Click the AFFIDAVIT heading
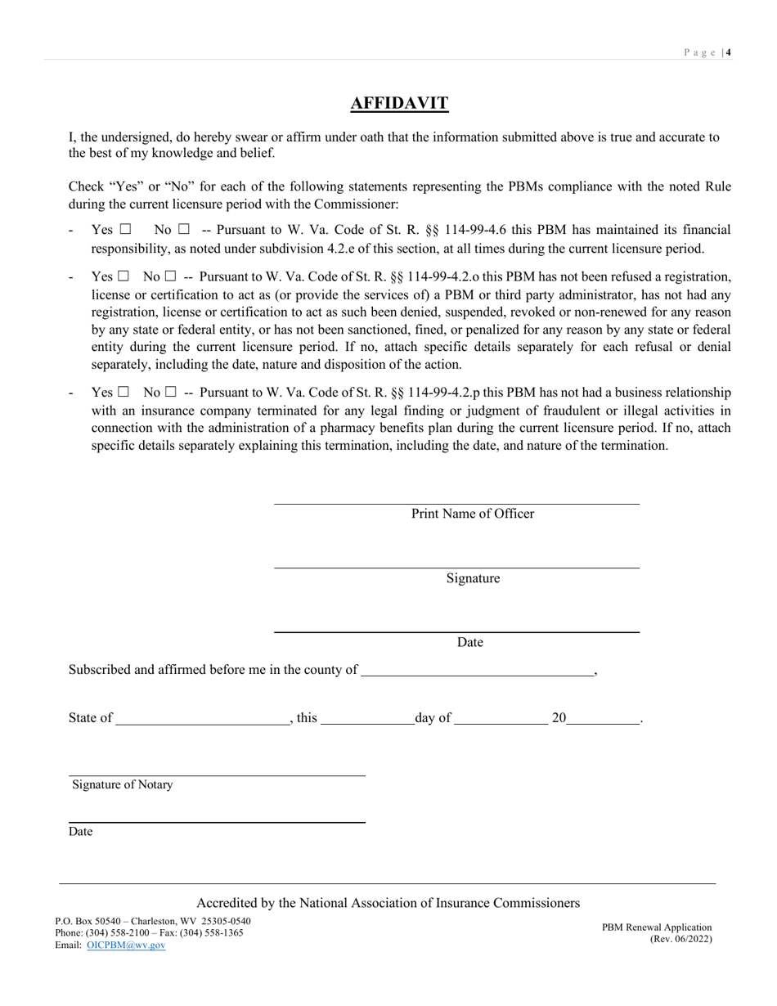399,103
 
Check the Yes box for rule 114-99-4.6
125,231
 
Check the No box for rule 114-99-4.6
184,231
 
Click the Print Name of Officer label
472,514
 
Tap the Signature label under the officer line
473,578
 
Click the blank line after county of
477,670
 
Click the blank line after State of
203,719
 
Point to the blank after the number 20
603,719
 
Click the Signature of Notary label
123,784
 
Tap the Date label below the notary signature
80,832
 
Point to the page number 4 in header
728,52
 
